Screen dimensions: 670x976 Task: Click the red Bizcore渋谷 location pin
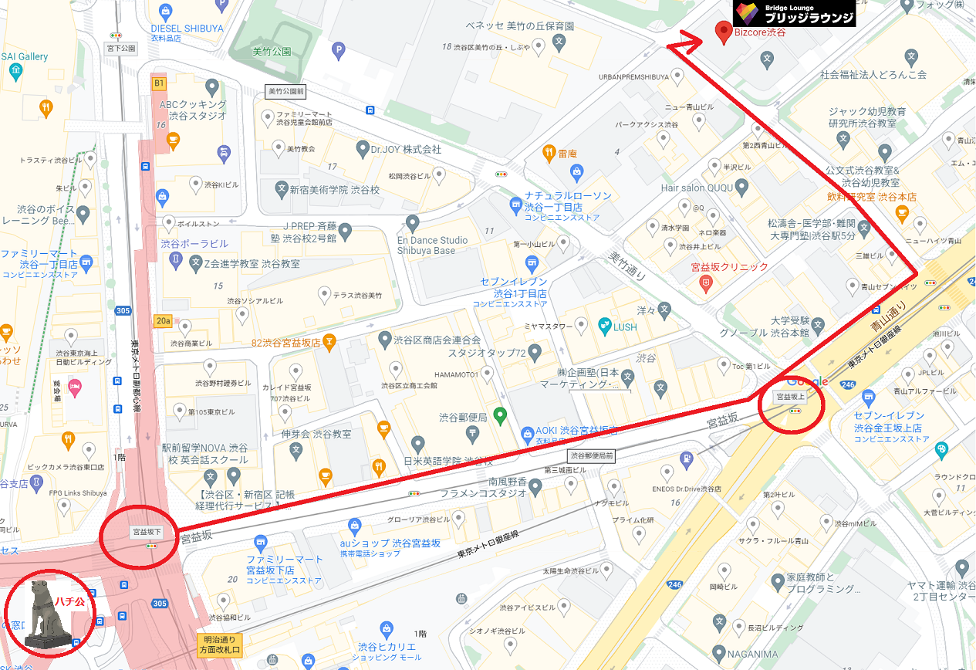(724, 32)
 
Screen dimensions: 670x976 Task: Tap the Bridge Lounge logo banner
(794, 13)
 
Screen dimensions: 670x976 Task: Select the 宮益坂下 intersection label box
(147, 532)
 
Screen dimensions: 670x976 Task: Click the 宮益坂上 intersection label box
(791, 397)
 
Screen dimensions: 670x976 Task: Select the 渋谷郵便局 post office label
(463, 418)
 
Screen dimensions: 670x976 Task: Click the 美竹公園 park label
(272, 52)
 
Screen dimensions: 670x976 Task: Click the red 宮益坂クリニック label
(729, 267)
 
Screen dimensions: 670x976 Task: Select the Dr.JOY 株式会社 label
(405, 148)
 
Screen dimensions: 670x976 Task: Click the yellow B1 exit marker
(159, 83)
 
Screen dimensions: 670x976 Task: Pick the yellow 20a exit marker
(163, 320)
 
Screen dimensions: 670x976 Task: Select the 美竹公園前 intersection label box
(285, 91)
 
